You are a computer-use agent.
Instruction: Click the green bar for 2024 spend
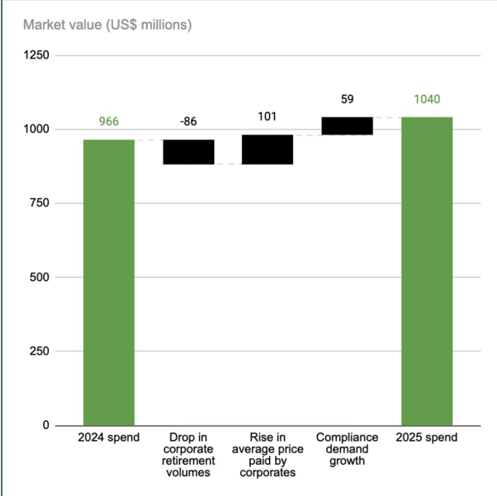click(x=109, y=282)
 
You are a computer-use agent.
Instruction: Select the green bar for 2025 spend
click(x=427, y=270)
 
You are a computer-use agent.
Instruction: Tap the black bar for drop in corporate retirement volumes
click(x=189, y=152)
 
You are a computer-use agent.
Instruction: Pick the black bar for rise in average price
click(x=267, y=150)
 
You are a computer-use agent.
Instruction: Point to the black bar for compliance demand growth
click(x=347, y=126)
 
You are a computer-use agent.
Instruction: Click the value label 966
click(x=109, y=122)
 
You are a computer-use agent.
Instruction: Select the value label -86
click(x=189, y=122)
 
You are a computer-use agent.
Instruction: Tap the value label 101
click(x=267, y=117)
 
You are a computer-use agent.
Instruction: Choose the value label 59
click(x=347, y=99)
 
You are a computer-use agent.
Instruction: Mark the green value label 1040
click(x=427, y=100)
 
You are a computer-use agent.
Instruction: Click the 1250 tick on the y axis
click(x=36, y=55)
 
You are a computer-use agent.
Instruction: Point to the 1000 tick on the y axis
click(x=36, y=130)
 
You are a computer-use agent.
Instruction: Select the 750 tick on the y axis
click(x=39, y=203)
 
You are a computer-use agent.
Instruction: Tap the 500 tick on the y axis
click(x=39, y=278)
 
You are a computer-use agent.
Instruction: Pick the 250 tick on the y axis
click(x=39, y=351)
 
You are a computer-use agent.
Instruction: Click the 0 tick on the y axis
click(x=46, y=425)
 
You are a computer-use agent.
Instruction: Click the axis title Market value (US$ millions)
click(x=107, y=25)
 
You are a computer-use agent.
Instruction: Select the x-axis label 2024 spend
click(x=109, y=438)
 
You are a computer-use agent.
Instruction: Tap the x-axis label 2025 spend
click(x=427, y=438)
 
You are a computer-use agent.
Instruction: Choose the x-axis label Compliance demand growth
click(x=347, y=449)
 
